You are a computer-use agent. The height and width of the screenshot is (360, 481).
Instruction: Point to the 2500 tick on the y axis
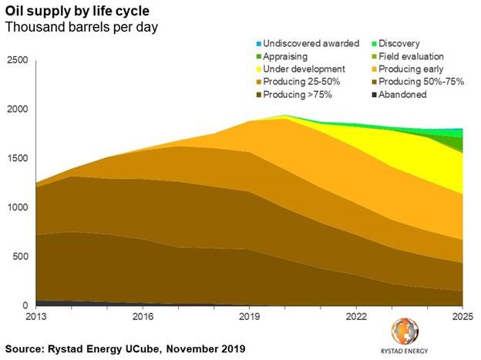click(x=18, y=60)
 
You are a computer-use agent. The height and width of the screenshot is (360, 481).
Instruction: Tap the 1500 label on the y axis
click(x=18, y=159)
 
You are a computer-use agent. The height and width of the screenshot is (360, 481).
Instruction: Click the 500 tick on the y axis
click(x=21, y=257)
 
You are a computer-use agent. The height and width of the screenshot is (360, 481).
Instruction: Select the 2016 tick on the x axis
click(x=143, y=317)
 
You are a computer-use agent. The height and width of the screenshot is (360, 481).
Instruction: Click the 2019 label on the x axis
click(x=249, y=317)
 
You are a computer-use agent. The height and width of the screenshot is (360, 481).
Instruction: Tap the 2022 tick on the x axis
click(x=355, y=317)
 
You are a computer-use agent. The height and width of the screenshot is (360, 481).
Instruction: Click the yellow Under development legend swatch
click(x=257, y=69)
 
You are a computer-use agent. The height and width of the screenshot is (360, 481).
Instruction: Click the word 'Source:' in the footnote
click(x=28, y=349)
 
